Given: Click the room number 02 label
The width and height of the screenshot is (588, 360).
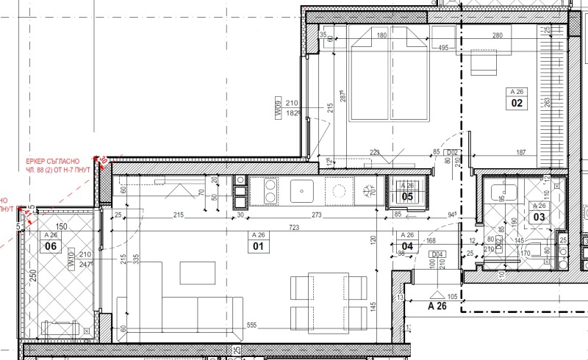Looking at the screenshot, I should (x=516, y=104).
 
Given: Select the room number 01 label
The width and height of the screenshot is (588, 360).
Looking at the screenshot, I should (x=258, y=247).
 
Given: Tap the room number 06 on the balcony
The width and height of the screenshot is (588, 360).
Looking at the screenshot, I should (x=51, y=247).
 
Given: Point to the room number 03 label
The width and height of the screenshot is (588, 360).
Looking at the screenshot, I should (x=539, y=217).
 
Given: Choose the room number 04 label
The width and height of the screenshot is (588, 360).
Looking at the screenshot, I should (x=406, y=247).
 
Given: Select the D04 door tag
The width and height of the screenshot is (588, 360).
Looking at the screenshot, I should (x=436, y=254).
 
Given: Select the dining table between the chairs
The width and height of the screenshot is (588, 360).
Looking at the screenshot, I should (x=327, y=301).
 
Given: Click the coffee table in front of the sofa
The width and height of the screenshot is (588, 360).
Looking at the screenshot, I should (x=196, y=273).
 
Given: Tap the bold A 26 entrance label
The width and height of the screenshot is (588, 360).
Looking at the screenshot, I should (x=437, y=306).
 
